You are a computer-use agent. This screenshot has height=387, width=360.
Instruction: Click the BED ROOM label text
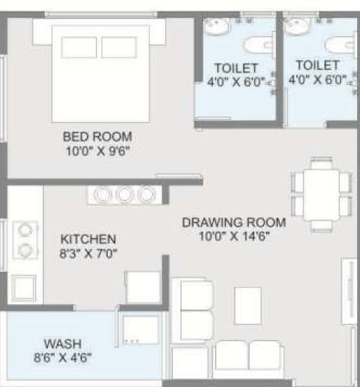98,136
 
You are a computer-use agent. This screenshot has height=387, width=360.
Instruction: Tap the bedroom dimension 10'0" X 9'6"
98,150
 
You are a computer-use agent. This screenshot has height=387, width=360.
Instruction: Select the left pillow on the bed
79,47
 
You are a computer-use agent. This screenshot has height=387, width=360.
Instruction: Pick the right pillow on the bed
119,47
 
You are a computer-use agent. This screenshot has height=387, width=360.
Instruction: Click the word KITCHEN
88,239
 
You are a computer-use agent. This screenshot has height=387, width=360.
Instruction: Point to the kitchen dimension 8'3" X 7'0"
88,253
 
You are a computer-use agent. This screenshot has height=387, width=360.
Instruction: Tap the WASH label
63,344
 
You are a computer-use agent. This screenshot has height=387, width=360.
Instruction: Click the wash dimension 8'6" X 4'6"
63,357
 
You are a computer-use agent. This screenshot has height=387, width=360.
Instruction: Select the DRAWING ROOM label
234,223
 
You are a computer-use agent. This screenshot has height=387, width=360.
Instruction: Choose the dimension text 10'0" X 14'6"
234,236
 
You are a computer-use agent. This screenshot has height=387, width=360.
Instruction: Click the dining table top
322,195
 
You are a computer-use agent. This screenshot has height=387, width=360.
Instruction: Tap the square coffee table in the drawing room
248,306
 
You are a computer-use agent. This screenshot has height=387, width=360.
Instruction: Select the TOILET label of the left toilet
237,68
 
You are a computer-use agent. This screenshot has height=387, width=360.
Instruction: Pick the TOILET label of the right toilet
318,65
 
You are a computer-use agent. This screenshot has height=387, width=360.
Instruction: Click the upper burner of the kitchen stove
25,230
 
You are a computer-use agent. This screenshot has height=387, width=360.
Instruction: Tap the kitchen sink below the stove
24,288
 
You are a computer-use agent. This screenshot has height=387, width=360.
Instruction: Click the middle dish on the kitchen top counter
125,195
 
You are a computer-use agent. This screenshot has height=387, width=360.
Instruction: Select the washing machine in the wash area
140,330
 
